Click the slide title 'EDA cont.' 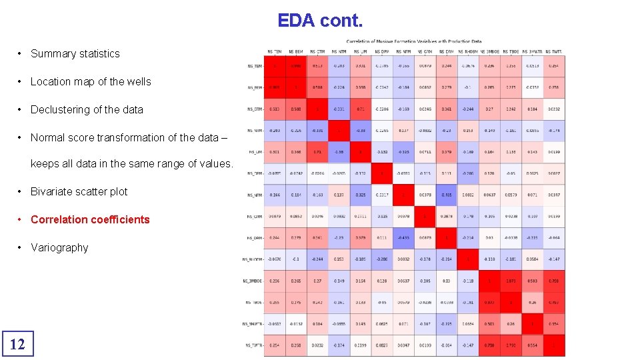pyautogui.click(x=320, y=21)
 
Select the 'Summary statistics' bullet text pyautogui.click(x=75, y=54)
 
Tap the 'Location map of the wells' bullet pyautogui.click(x=91, y=82)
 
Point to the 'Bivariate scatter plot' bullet pyautogui.click(x=79, y=192)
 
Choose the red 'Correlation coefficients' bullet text pyautogui.click(x=90, y=220)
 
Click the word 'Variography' pyautogui.click(x=59, y=248)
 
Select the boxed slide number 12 pyautogui.click(x=17, y=344)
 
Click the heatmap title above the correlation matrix pyautogui.click(x=413, y=41)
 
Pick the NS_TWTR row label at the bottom pyautogui.click(x=253, y=345)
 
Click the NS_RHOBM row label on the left pyautogui.click(x=251, y=259)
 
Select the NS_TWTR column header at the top pyautogui.click(x=553, y=51)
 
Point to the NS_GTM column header pyautogui.click(x=317, y=51)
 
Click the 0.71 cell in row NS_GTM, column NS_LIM pyautogui.click(x=360, y=109)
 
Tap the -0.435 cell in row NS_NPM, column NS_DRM pyautogui.click(x=446, y=195)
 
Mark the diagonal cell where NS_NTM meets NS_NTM pyautogui.click(x=339, y=131)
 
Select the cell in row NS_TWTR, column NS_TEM pyautogui.click(x=274, y=345)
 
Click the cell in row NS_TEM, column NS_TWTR pyautogui.click(x=554, y=66)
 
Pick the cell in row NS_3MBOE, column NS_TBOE pyautogui.click(x=511, y=281)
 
